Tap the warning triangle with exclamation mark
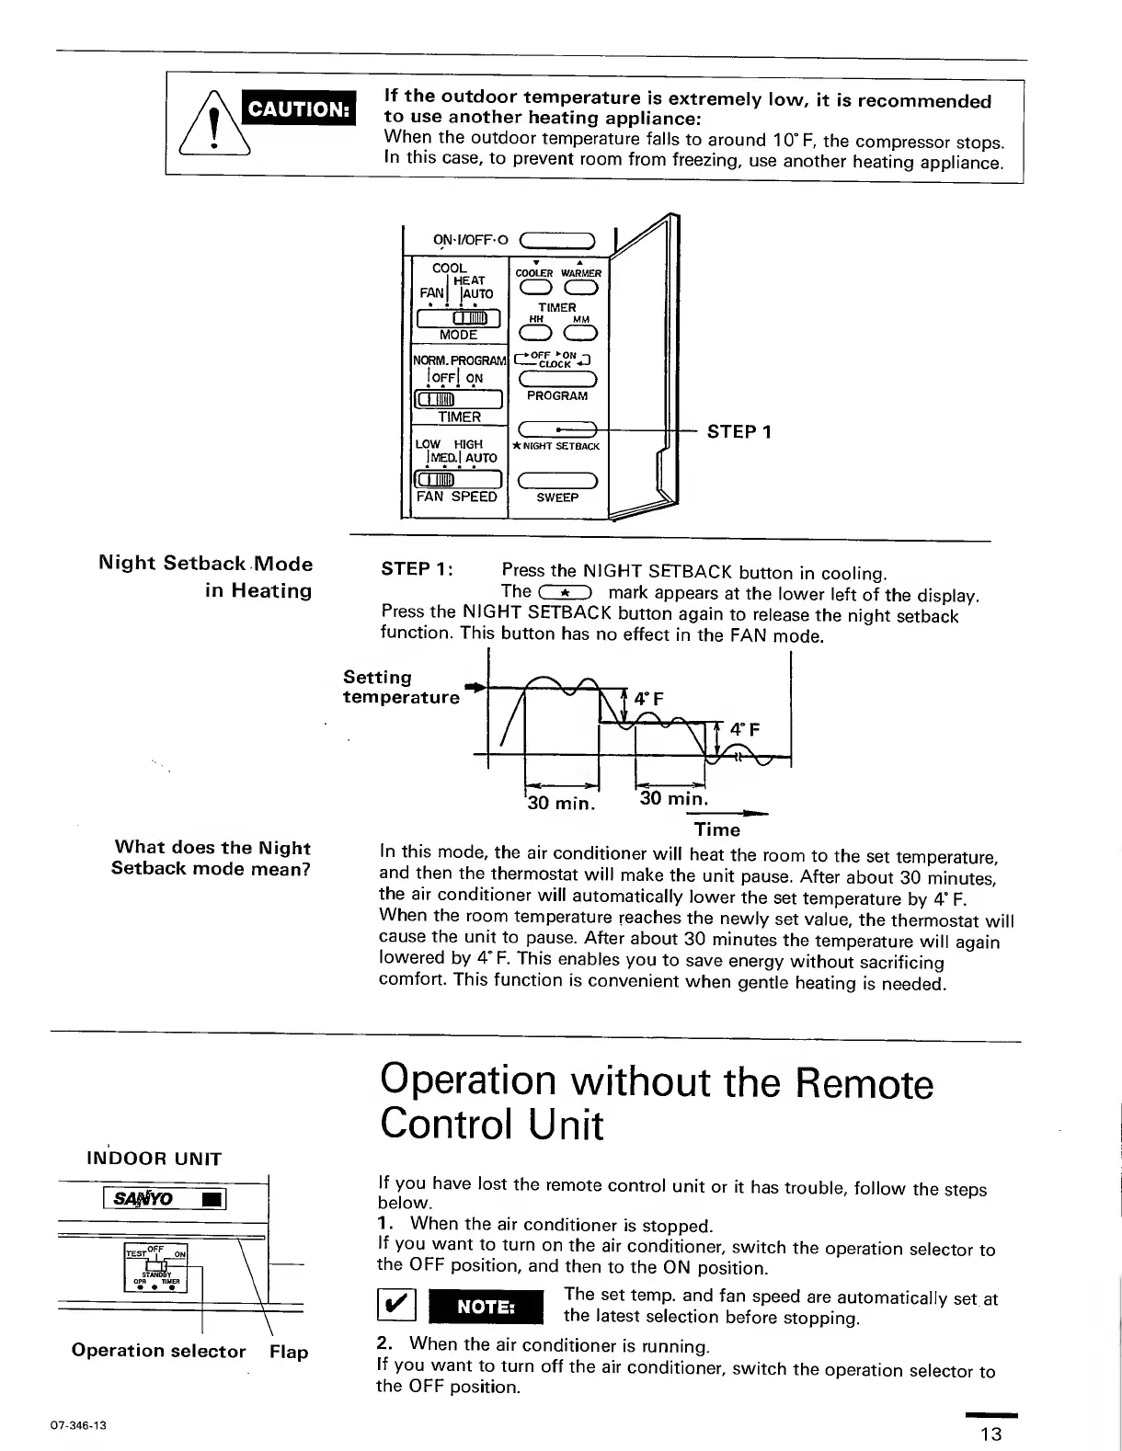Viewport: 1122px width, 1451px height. pos(213,126)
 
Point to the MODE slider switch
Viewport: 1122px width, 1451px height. pos(457,318)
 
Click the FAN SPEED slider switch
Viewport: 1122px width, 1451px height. pos(457,479)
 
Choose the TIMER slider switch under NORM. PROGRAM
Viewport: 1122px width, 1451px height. pos(457,398)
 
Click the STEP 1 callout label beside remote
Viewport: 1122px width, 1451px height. pos(739,431)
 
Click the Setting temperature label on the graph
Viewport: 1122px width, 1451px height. pos(401,687)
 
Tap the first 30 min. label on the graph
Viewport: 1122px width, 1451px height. pos(560,803)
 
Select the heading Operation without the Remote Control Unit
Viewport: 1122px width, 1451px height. pos(655,1102)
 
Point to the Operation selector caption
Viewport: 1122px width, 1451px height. pos(159,1351)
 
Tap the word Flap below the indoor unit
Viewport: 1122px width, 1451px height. pos(289,1352)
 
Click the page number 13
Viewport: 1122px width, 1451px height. pos(990,1434)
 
